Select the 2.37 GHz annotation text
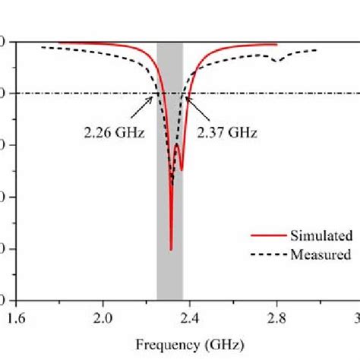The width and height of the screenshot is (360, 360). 227,132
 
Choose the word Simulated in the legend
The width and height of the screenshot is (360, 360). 319,236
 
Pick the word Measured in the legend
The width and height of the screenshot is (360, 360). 320,254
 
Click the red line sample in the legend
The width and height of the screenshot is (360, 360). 265,236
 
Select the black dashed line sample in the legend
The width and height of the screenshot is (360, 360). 265,254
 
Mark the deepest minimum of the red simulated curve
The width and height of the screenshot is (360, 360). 171,249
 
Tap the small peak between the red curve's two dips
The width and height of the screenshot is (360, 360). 177,145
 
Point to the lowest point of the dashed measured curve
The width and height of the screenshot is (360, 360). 172,184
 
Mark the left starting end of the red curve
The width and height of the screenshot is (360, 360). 59,43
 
